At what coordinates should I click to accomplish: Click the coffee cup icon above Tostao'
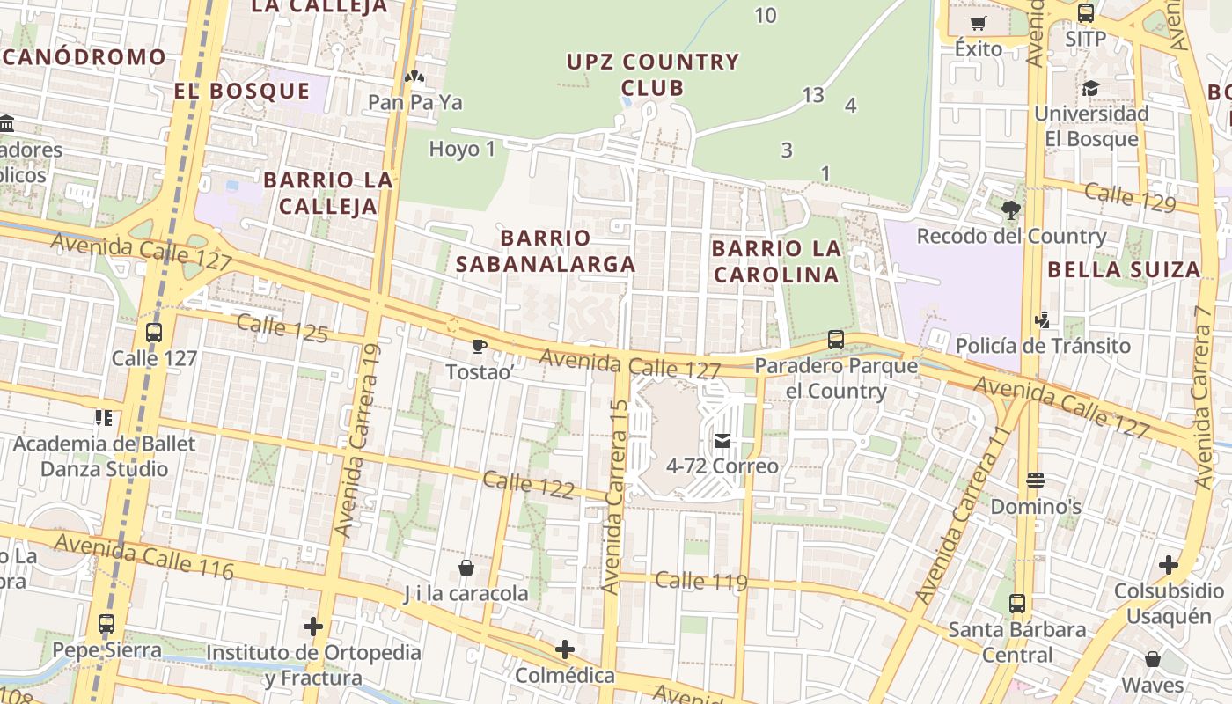coord(479,346)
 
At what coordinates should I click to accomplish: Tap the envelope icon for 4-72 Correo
coord(722,440)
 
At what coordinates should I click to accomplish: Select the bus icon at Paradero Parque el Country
coord(836,339)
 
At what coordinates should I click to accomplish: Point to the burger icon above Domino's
coord(1035,480)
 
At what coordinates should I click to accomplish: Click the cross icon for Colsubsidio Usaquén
coord(1169,564)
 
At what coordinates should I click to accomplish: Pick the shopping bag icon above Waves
coord(1153,658)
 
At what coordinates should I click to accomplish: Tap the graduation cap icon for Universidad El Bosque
coord(1091,88)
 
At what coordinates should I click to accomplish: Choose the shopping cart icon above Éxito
coord(978,23)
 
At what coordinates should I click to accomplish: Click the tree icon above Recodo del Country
coord(1010,209)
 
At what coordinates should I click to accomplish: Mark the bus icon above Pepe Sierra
coord(106,624)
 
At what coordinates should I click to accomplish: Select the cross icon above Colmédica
coord(565,650)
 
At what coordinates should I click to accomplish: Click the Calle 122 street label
coord(528,485)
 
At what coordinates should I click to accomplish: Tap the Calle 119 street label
coord(701,581)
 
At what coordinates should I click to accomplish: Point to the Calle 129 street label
coord(1130,197)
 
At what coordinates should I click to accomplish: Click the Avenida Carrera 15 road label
coord(615,497)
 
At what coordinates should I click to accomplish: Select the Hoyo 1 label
coord(462,149)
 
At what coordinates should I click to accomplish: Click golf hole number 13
coord(813,94)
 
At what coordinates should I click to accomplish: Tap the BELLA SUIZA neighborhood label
coord(1124,269)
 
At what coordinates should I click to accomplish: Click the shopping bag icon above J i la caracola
coord(466,568)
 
